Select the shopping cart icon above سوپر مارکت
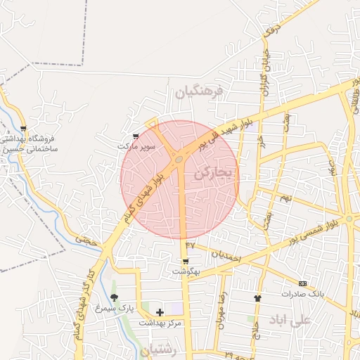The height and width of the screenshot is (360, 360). tap(136, 136)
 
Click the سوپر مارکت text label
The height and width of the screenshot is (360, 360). tap(136, 147)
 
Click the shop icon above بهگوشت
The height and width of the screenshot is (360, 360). tap(186, 260)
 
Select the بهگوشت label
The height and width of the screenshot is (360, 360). tap(186, 271)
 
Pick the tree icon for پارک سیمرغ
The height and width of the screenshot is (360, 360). tap(115, 297)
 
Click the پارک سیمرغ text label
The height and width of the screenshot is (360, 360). tap(115, 308)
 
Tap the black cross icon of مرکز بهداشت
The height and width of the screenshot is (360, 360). tap(160, 311)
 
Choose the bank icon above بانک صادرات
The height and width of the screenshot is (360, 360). tap(303, 283)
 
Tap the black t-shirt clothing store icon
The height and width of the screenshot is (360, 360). tap(257, 298)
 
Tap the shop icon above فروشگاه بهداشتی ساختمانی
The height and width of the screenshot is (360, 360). tap(24, 129)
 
